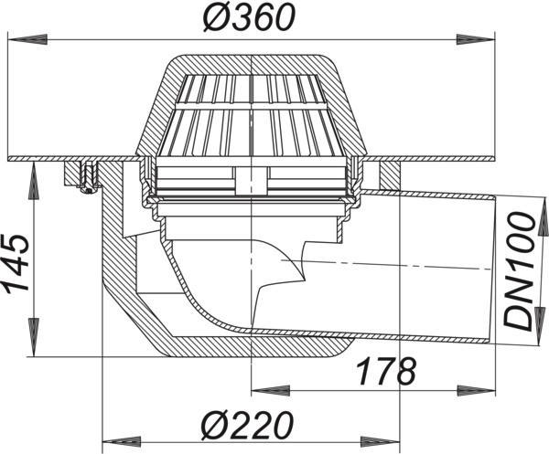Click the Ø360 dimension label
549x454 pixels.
(250, 17)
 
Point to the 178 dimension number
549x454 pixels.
(386, 371)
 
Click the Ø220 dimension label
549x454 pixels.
(247, 426)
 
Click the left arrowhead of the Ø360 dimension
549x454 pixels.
(27, 39)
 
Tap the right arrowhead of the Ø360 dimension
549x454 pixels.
(476, 39)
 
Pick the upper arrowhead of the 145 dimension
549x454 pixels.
(34, 180)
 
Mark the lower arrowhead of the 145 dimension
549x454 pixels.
(34, 338)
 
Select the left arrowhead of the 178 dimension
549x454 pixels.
(272, 390)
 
